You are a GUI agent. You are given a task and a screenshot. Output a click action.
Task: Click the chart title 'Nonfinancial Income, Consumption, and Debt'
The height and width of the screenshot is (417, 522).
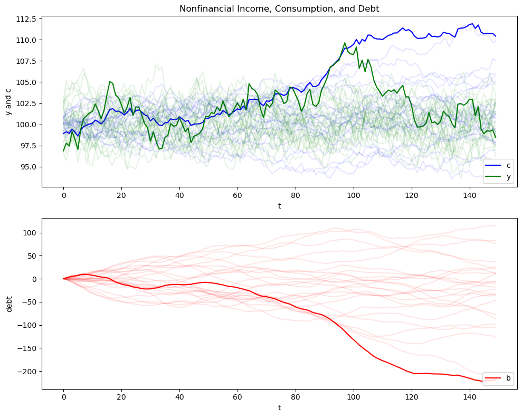pyautogui.click(x=279, y=8)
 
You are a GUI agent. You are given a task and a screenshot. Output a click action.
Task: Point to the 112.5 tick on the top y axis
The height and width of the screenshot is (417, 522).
pyautogui.click(x=26, y=19)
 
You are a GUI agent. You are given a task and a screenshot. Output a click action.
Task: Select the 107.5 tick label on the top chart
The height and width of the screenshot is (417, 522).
pyautogui.click(x=26, y=61)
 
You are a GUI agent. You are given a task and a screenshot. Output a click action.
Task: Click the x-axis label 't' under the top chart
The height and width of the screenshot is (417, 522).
pyautogui.click(x=279, y=206)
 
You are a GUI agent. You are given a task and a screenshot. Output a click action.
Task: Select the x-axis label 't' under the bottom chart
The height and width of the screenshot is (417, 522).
pyautogui.click(x=279, y=407)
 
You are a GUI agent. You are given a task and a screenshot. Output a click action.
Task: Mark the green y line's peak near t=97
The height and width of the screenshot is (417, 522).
pyautogui.click(x=345, y=43)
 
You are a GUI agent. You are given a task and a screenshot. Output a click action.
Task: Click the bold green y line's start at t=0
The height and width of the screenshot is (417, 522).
pyautogui.click(x=63, y=151)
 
